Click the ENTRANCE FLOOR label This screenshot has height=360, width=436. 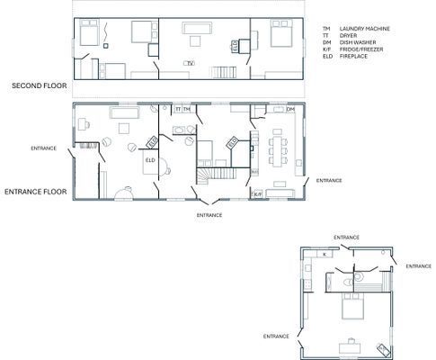tap(36, 191)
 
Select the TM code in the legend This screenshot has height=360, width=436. tap(326, 30)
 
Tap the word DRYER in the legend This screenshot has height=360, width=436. tap(350, 36)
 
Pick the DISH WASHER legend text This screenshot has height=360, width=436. tap(356, 42)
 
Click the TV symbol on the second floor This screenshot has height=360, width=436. tap(190, 62)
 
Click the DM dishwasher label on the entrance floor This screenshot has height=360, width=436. tap(290, 109)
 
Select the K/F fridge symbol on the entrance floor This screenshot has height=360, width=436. tap(256, 193)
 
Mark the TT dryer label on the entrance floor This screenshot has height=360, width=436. tap(177, 109)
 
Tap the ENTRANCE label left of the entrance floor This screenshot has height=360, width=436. tap(43, 147)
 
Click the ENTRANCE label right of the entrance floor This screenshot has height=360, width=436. tap(328, 180)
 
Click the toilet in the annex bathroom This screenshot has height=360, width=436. tap(347, 281)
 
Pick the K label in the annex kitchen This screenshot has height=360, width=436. tap(325, 254)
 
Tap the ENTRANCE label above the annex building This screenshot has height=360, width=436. tap(346, 237)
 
